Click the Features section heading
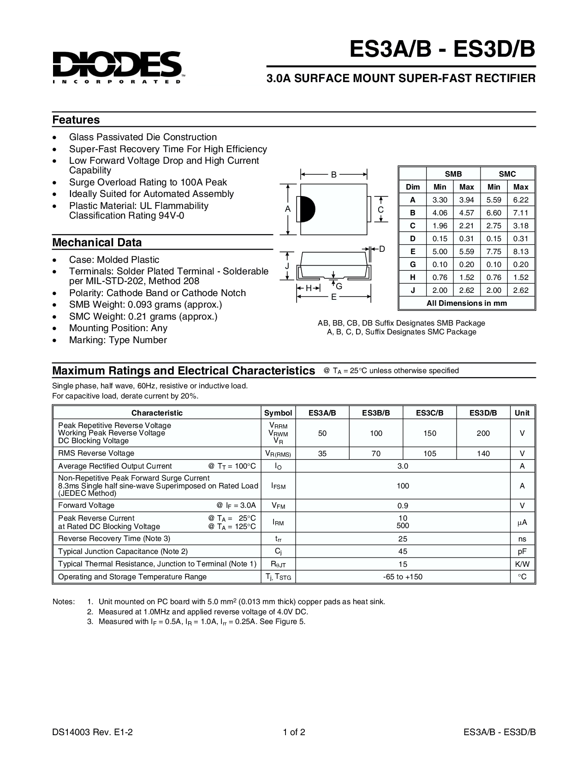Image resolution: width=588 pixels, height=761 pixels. [x=76, y=120]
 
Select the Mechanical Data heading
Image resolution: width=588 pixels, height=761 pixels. [x=97, y=243]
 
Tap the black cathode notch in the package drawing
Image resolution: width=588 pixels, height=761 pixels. [x=307, y=209]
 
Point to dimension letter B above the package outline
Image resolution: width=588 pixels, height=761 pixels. [x=333, y=175]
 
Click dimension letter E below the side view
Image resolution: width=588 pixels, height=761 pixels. [x=333, y=297]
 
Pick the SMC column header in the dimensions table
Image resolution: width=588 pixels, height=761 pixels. [x=507, y=174]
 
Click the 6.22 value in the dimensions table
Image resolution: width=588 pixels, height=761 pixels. [x=521, y=200]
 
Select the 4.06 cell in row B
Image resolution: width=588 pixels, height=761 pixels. [x=440, y=213]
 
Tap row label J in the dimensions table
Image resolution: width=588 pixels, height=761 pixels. [x=413, y=290]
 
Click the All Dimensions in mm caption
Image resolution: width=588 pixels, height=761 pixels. [x=467, y=303]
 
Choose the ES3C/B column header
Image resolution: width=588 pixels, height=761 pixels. [x=429, y=413]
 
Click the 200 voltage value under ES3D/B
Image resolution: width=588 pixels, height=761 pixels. [x=483, y=433]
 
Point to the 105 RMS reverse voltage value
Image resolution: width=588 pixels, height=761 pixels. [x=429, y=453]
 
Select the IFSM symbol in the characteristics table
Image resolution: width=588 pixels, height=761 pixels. [x=278, y=486]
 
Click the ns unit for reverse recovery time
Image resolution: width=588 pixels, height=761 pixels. [x=522, y=539]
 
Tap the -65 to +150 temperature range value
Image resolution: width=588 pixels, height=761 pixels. [x=403, y=577]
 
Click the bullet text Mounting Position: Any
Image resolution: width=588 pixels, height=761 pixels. [x=118, y=328]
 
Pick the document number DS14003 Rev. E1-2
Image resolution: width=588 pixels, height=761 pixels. [x=93, y=732]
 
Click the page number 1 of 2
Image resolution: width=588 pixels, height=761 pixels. [x=294, y=732]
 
